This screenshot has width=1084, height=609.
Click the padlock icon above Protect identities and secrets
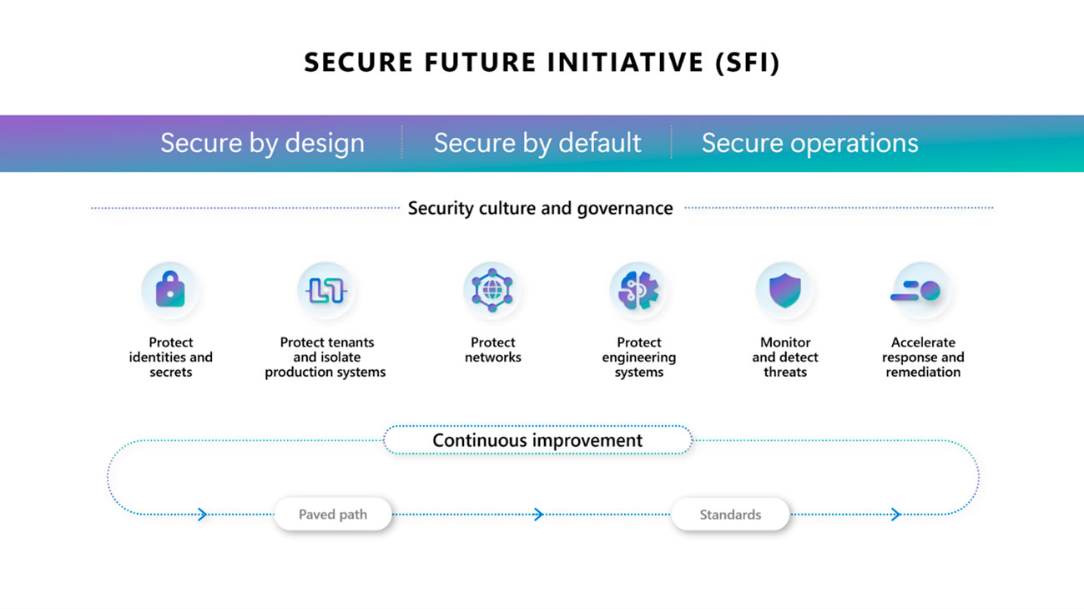(170, 291)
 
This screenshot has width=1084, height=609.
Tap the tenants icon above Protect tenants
(325, 291)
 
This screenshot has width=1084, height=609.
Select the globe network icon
(492, 291)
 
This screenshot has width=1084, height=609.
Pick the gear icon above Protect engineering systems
(638, 291)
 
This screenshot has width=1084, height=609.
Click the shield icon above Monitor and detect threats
(784, 291)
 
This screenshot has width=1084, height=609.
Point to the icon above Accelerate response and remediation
(921, 291)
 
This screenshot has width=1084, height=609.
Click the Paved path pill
(333, 515)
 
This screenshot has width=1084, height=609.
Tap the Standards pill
(730, 515)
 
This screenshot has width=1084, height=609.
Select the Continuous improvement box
(537, 440)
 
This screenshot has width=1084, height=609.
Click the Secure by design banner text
(262, 143)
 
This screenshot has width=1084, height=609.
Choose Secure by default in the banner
(537, 143)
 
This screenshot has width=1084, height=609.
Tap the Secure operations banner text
(809, 143)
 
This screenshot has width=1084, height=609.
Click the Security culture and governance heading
(540, 208)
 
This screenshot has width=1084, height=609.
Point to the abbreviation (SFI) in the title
(747, 63)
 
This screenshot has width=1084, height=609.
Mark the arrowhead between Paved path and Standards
(538, 515)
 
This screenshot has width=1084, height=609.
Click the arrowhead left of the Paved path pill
(202, 515)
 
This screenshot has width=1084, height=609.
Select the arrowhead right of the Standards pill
(895, 515)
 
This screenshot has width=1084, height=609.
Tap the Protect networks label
(492, 350)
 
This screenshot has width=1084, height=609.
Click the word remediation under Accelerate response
(923, 373)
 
